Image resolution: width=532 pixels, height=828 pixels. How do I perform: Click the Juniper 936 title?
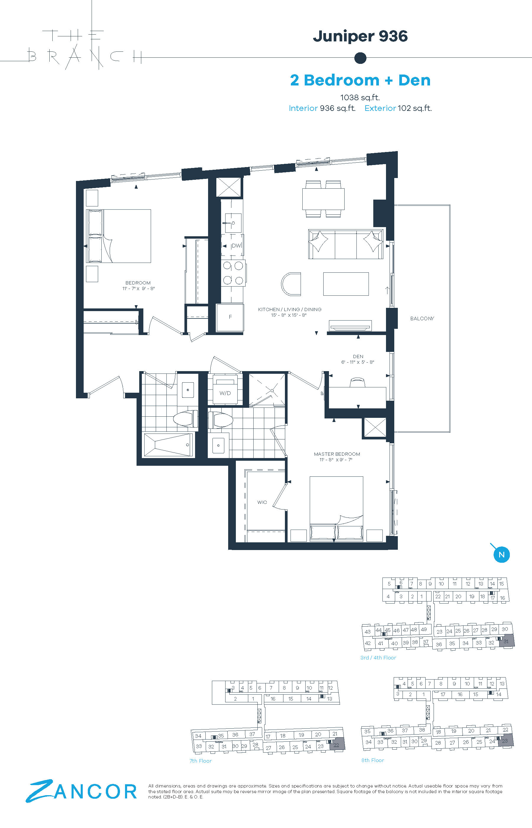(360, 36)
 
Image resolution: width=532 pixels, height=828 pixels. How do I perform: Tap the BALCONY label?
(422, 318)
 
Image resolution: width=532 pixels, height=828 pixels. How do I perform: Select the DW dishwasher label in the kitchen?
(236, 246)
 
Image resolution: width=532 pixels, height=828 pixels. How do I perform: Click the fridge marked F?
(230, 317)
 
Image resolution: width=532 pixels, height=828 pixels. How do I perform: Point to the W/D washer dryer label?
(225, 393)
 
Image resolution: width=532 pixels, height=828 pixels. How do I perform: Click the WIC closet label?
(262, 502)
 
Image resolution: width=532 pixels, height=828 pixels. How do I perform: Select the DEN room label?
(358, 356)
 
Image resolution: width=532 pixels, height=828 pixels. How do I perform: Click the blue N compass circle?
(502, 555)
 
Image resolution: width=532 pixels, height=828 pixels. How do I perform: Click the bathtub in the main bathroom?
(168, 445)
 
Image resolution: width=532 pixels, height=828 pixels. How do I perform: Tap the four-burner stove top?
(233, 273)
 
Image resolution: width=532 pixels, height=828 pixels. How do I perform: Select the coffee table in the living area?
(346, 284)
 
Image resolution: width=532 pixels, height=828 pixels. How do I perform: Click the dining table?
(323, 199)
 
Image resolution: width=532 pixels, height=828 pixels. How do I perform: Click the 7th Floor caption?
(200, 761)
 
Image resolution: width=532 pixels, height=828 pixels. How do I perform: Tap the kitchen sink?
(233, 223)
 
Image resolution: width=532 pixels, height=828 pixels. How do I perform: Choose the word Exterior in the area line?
(380, 108)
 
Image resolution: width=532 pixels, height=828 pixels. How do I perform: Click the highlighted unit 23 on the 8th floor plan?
(505, 740)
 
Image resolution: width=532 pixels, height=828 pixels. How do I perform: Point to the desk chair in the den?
(357, 382)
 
